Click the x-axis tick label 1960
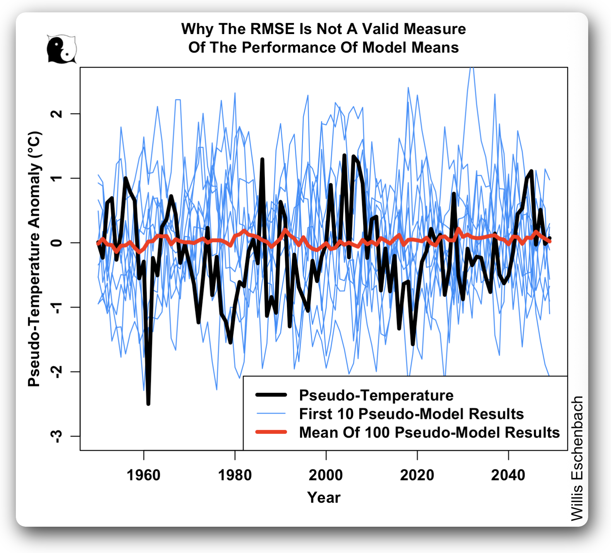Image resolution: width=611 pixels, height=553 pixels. pyautogui.click(x=143, y=475)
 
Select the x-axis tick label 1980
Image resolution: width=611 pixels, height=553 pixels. pyautogui.click(x=235, y=475)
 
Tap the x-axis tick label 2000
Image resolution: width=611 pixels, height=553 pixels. pyautogui.click(x=326, y=475)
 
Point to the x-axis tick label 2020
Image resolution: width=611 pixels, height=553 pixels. pyautogui.click(x=417, y=475)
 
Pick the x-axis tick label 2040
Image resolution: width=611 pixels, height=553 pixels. pyautogui.click(x=508, y=475)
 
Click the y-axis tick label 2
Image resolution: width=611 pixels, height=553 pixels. pyautogui.click(x=57, y=114)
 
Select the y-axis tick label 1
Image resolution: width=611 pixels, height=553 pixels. pyautogui.click(x=57, y=178)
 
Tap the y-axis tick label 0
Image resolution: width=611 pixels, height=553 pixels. pyautogui.click(x=57, y=243)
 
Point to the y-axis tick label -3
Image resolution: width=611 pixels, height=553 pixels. pyautogui.click(x=57, y=436)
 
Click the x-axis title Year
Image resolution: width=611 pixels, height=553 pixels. pyautogui.click(x=324, y=498)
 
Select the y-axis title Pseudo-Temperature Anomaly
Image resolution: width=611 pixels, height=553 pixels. pyautogui.click(x=34, y=259)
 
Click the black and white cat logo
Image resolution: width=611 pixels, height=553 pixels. pyautogui.click(x=61, y=49)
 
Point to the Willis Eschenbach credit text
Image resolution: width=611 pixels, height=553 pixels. pyautogui.click(x=577, y=458)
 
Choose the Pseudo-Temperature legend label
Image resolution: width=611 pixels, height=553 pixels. pyautogui.click(x=376, y=395)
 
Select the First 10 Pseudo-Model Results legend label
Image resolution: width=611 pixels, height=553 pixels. pyautogui.click(x=411, y=414)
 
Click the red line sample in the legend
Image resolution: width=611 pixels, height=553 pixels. pyautogui.click(x=271, y=432)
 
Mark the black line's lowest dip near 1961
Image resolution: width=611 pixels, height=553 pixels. pyautogui.click(x=148, y=404)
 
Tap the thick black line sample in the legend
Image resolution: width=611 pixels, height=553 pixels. pyautogui.click(x=271, y=395)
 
